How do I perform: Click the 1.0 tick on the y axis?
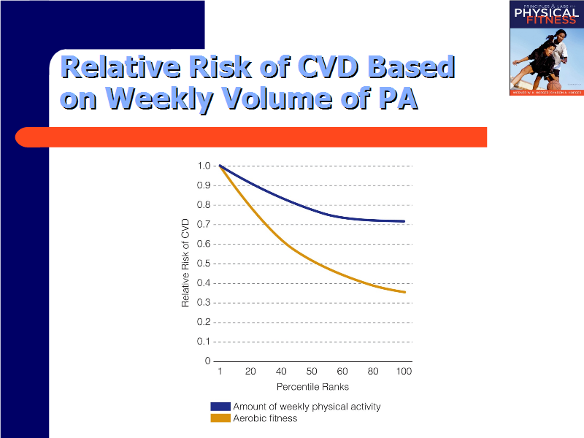pyautogui.click(x=204, y=166)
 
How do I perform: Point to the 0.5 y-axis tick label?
pyautogui.click(x=204, y=264)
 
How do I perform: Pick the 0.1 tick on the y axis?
pyautogui.click(x=204, y=342)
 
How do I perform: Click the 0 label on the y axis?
pyautogui.click(x=207, y=361)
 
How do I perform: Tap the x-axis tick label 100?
pyautogui.click(x=404, y=372)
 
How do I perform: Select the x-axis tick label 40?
pyautogui.click(x=281, y=372)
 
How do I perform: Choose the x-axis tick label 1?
pyautogui.click(x=220, y=372)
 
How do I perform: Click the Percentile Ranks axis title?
pyautogui.click(x=312, y=387)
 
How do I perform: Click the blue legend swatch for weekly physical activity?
pyautogui.click(x=220, y=407)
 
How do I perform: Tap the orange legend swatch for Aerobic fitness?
pyautogui.click(x=220, y=418)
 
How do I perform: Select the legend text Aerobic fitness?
pyautogui.click(x=265, y=418)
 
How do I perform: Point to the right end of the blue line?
pyautogui.click(x=404, y=221)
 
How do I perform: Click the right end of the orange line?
pyautogui.click(x=404, y=292)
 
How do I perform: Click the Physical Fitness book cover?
pyautogui.click(x=544, y=48)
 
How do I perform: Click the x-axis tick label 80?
pyautogui.click(x=373, y=372)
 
